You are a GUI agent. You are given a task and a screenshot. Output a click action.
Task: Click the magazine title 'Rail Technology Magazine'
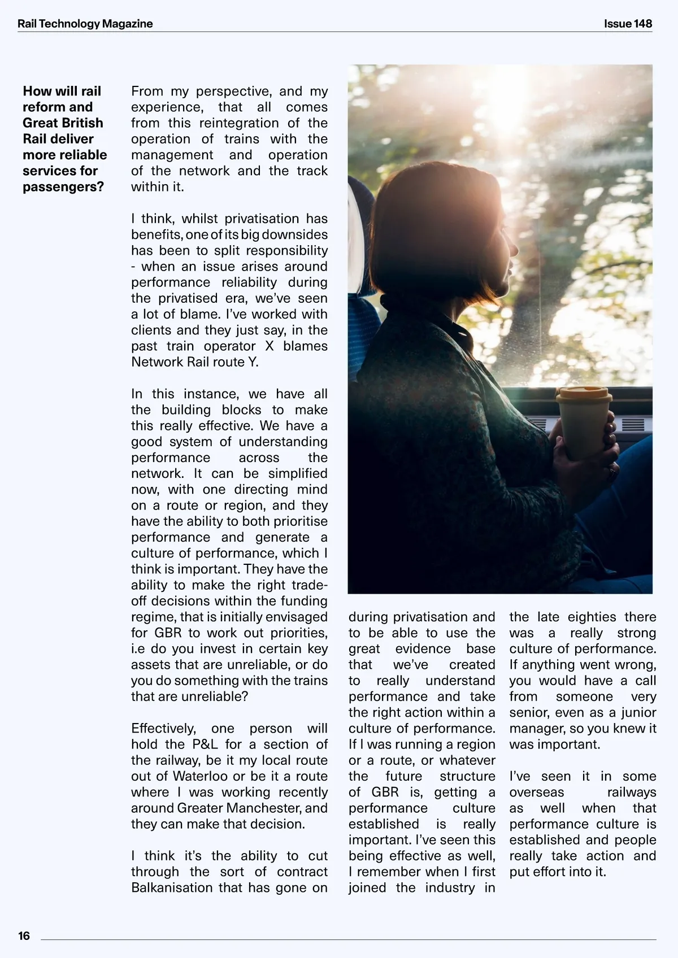(x=85, y=24)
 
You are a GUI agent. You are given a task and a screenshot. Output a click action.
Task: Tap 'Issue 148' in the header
(x=628, y=24)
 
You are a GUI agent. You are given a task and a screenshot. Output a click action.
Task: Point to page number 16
(x=24, y=936)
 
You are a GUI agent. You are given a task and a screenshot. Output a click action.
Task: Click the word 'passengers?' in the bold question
(x=63, y=187)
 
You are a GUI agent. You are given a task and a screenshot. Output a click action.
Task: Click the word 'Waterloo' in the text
(x=201, y=776)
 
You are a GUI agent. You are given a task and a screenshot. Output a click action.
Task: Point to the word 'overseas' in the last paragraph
(x=536, y=792)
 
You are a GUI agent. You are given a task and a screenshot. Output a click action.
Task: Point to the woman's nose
(x=515, y=247)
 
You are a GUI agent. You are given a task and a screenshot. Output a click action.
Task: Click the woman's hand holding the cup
(x=605, y=452)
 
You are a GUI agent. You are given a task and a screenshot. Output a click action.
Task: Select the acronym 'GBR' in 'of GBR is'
(x=385, y=792)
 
